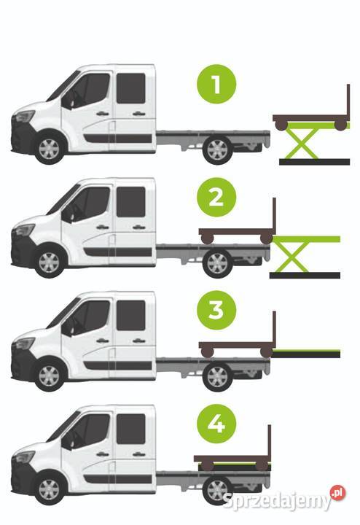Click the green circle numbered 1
216,84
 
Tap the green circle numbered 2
216,197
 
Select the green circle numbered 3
216,311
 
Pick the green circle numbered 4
216,424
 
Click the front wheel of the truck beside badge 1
49,149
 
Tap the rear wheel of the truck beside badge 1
217,149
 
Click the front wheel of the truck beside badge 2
49,262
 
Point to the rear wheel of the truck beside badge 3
217,376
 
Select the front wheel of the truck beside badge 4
49,489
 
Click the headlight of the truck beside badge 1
24,116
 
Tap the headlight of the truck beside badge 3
24,343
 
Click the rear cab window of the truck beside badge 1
131,88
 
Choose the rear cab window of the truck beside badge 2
131,202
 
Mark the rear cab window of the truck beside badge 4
131,429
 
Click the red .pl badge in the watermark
337,493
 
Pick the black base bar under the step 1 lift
315,162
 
